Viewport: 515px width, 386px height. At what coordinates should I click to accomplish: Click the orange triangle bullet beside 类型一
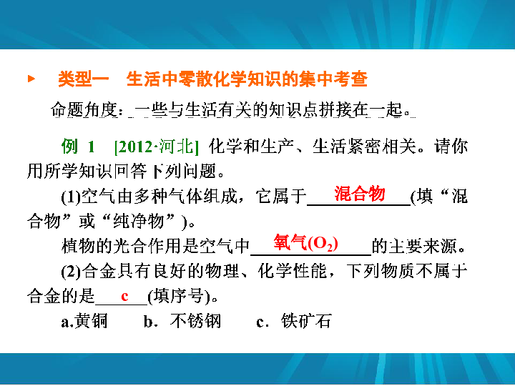tap(31, 79)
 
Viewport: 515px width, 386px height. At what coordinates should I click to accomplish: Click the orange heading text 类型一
tap(84, 79)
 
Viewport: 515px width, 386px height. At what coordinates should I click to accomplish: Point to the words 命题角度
tap(84, 109)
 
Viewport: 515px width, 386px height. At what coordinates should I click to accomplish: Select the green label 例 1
tap(78, 146)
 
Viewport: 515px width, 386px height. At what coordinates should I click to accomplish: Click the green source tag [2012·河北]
tap(157, 147)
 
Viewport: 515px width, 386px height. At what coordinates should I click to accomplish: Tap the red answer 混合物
tap(360, 193)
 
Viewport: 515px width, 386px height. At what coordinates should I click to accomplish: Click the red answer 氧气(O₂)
tap(306, 243)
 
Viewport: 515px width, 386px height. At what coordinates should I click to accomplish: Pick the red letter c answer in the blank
tap(124, 297)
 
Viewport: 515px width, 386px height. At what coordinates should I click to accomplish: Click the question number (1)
tap(71, 197)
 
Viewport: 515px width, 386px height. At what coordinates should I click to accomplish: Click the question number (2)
tap(71, 272)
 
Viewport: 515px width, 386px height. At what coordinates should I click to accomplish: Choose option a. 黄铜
tap(84, 321)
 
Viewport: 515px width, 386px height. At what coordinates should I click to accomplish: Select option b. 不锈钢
tap(182, 321)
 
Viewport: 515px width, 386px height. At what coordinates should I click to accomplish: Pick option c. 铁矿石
tap(294, 321)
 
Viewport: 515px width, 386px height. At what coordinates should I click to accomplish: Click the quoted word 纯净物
tap(139, 221)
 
